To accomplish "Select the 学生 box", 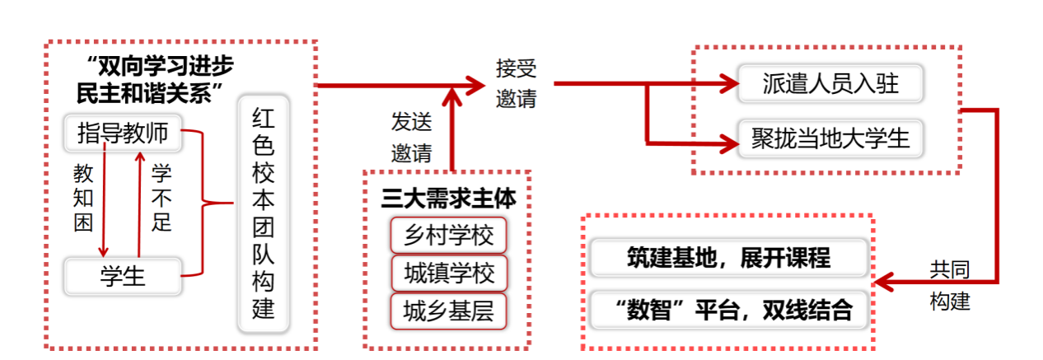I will (x=122, y=275).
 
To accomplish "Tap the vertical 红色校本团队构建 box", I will (x=263, y=216).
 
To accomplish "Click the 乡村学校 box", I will (x=448, y=236).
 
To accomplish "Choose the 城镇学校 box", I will (x=448, y=274).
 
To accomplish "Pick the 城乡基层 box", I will (x=448, y=311).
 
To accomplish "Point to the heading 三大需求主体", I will (x=448, y=200).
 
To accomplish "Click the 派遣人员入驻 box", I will (x=830, y=83).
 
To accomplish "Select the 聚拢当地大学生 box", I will (x=830, y=138).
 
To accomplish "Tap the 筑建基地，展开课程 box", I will (x=729, y=259).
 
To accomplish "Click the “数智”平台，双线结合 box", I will (x=729, y=311).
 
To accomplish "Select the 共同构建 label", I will (x=950, y=285).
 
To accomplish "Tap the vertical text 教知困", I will (x=83, y=198).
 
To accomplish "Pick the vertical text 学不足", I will (x=161, y=198).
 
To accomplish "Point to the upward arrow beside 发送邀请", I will (x=452, y=124).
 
